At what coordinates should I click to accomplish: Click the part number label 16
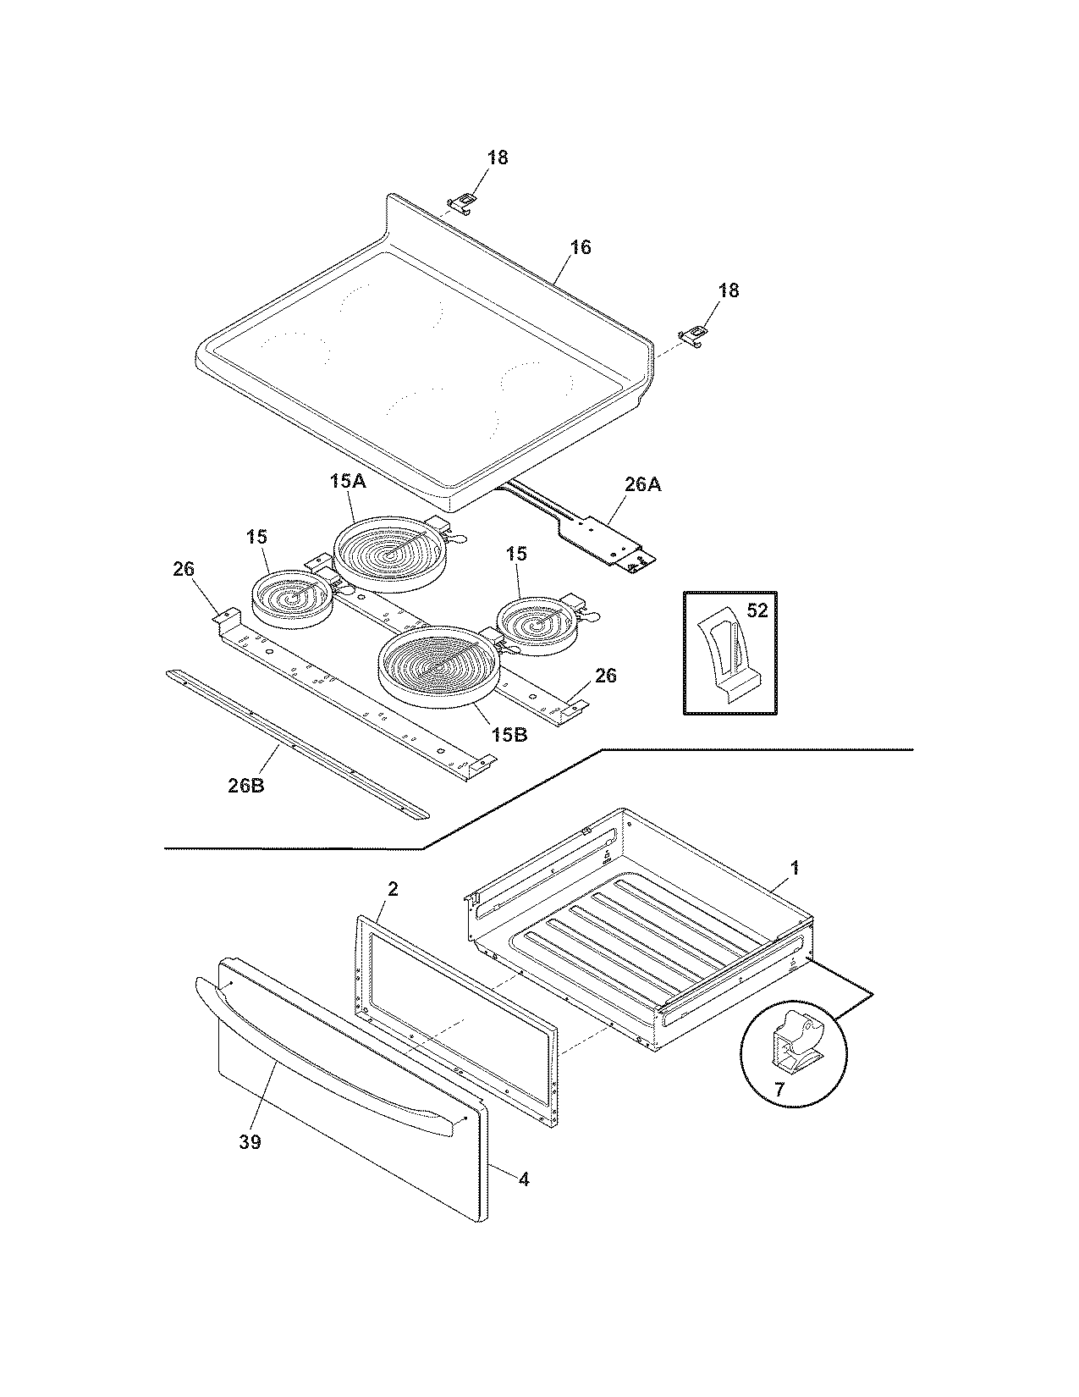click(581, 247)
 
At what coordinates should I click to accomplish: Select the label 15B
click(509, 734)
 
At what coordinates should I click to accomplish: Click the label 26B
click(245, 785)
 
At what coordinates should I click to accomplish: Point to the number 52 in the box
click(757, 610)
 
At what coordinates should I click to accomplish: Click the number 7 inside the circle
click(779, 1090)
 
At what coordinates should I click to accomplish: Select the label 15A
click(347, 482)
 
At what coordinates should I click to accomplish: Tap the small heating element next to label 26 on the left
click(292, 599)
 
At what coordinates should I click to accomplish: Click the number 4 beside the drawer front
click(524, 1178)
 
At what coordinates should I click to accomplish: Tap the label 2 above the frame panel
click(393, 888)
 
